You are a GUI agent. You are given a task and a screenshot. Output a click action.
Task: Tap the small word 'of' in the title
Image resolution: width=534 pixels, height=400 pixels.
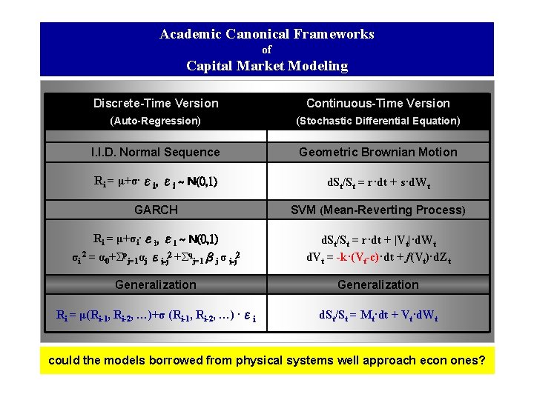point(267,50)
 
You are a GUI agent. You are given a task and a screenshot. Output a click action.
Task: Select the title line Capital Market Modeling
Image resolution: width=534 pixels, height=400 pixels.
point(267,66)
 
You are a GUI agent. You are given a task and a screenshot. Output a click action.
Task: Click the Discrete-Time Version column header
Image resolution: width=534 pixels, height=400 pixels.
point(156,103)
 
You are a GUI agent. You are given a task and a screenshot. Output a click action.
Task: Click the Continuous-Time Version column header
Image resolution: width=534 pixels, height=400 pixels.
point(378,103)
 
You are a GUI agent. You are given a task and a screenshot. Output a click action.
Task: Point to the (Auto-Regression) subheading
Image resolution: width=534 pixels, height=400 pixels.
point(156,120)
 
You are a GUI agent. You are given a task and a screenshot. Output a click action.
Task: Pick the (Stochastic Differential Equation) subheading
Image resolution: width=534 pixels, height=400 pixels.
point(378,120)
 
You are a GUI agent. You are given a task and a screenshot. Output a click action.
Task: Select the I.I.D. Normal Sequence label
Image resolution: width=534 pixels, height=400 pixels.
point(156,152)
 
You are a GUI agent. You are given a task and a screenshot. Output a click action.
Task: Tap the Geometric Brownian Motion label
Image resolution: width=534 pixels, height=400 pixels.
point(378,152)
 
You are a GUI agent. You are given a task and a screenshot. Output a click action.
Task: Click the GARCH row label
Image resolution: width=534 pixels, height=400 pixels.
point(156,210)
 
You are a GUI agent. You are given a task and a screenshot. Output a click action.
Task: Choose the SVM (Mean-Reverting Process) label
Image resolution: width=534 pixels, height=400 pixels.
point(378,210)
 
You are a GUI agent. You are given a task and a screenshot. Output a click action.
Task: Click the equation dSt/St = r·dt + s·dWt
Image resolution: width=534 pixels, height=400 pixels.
point(378,181)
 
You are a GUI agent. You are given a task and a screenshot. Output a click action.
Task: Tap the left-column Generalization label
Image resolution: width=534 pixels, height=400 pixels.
point(156,284)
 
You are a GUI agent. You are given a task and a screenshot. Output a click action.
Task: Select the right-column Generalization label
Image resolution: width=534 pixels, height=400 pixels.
point(378,284)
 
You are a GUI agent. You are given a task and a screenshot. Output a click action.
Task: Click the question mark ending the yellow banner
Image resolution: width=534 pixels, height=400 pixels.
point(483,361)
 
